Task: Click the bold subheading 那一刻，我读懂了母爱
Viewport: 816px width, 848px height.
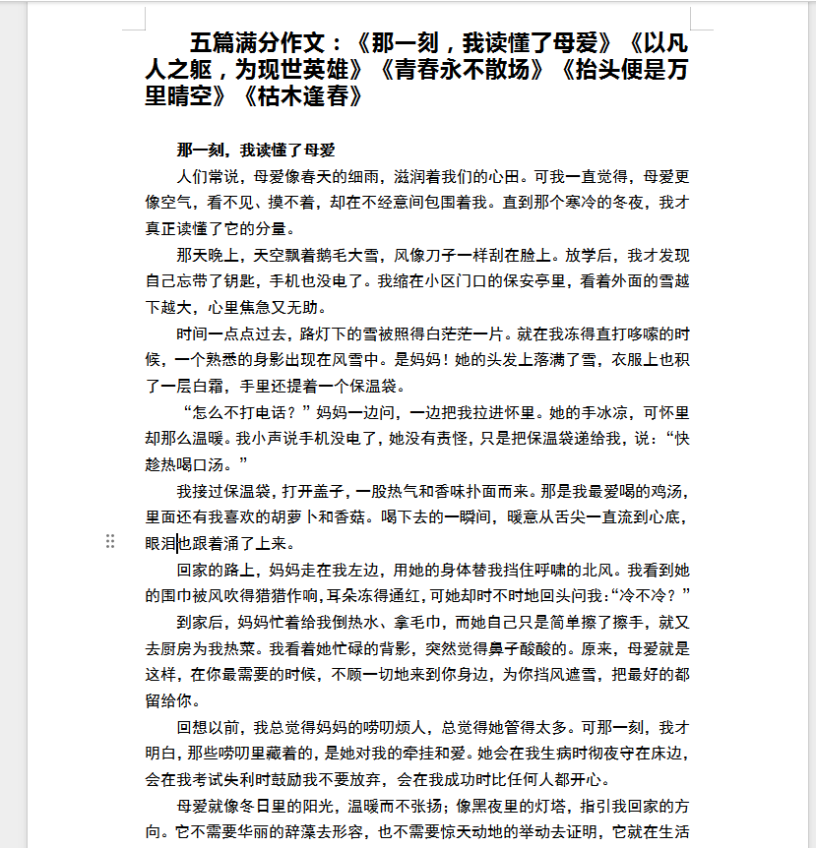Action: click(256, 151)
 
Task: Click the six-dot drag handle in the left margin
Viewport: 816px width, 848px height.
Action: click(110, 541)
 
